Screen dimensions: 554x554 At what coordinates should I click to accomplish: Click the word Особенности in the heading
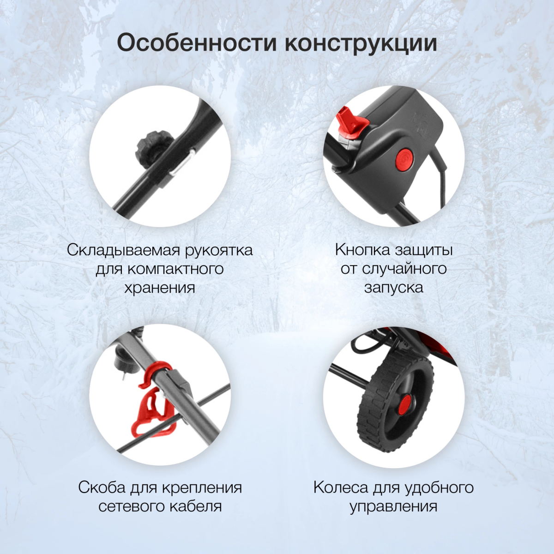click(x=197, y=43)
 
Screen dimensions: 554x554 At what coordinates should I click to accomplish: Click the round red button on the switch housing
click(x=404, y=160)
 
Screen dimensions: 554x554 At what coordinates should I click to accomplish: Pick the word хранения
click(x=160, y=288)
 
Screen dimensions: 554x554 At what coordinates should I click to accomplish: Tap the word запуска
click(x=394, y=288)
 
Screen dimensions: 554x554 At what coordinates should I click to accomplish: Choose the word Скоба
click(x=102, y=488)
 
